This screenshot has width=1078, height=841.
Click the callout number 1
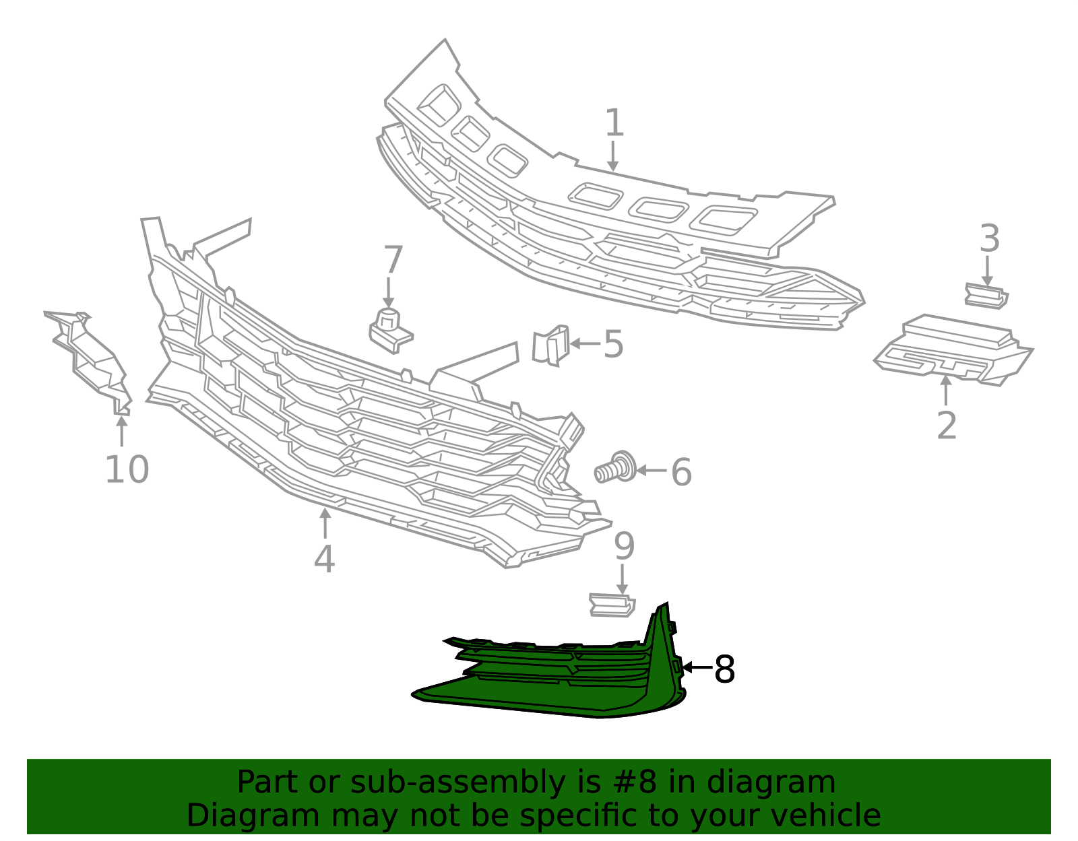click(614, 123)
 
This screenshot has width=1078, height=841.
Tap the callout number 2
click(947, 425)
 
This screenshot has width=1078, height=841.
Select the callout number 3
click(989, 238)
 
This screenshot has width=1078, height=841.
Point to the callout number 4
click(325, 558)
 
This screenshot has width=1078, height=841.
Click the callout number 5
click(613, 344)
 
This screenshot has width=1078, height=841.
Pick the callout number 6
click(681, 472)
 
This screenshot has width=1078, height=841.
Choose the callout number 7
click(393, 259)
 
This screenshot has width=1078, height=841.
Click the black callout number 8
click(724, 669)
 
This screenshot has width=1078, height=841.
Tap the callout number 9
click(624, 546)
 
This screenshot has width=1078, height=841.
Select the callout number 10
click(127, 469)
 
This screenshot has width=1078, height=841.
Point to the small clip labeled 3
click(986, 296)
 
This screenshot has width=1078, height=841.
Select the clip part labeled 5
click(550, 345)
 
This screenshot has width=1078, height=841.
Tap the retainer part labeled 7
click(390, 331)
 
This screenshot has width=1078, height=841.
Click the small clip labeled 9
click(612, 605)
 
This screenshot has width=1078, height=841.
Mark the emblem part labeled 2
click(953, 350)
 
